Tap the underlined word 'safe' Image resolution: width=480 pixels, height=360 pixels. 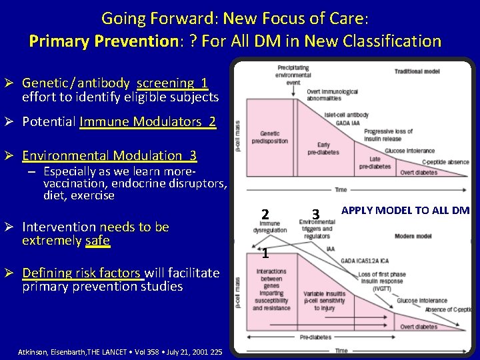point(97,240)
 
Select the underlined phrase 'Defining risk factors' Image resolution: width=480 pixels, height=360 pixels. point(82,273)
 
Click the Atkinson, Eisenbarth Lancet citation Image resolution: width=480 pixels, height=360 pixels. point(120,351)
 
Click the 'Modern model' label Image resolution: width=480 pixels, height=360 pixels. point(413,236)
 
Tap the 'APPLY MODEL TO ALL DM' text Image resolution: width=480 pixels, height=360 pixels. point(405,211)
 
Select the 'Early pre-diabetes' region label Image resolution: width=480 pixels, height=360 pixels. point(323,148)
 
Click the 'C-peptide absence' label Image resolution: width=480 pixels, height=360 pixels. point(445,163)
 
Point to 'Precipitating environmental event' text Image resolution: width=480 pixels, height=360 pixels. point(293,75)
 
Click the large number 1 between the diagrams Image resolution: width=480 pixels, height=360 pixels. point(265,253)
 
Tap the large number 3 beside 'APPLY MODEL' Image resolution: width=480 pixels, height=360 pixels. point(316,214)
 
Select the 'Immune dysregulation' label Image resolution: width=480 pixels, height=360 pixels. point(270,227)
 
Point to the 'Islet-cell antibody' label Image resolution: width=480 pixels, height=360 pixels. point(347,115)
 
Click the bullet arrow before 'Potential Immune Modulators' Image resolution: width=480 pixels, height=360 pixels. point(13,122)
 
